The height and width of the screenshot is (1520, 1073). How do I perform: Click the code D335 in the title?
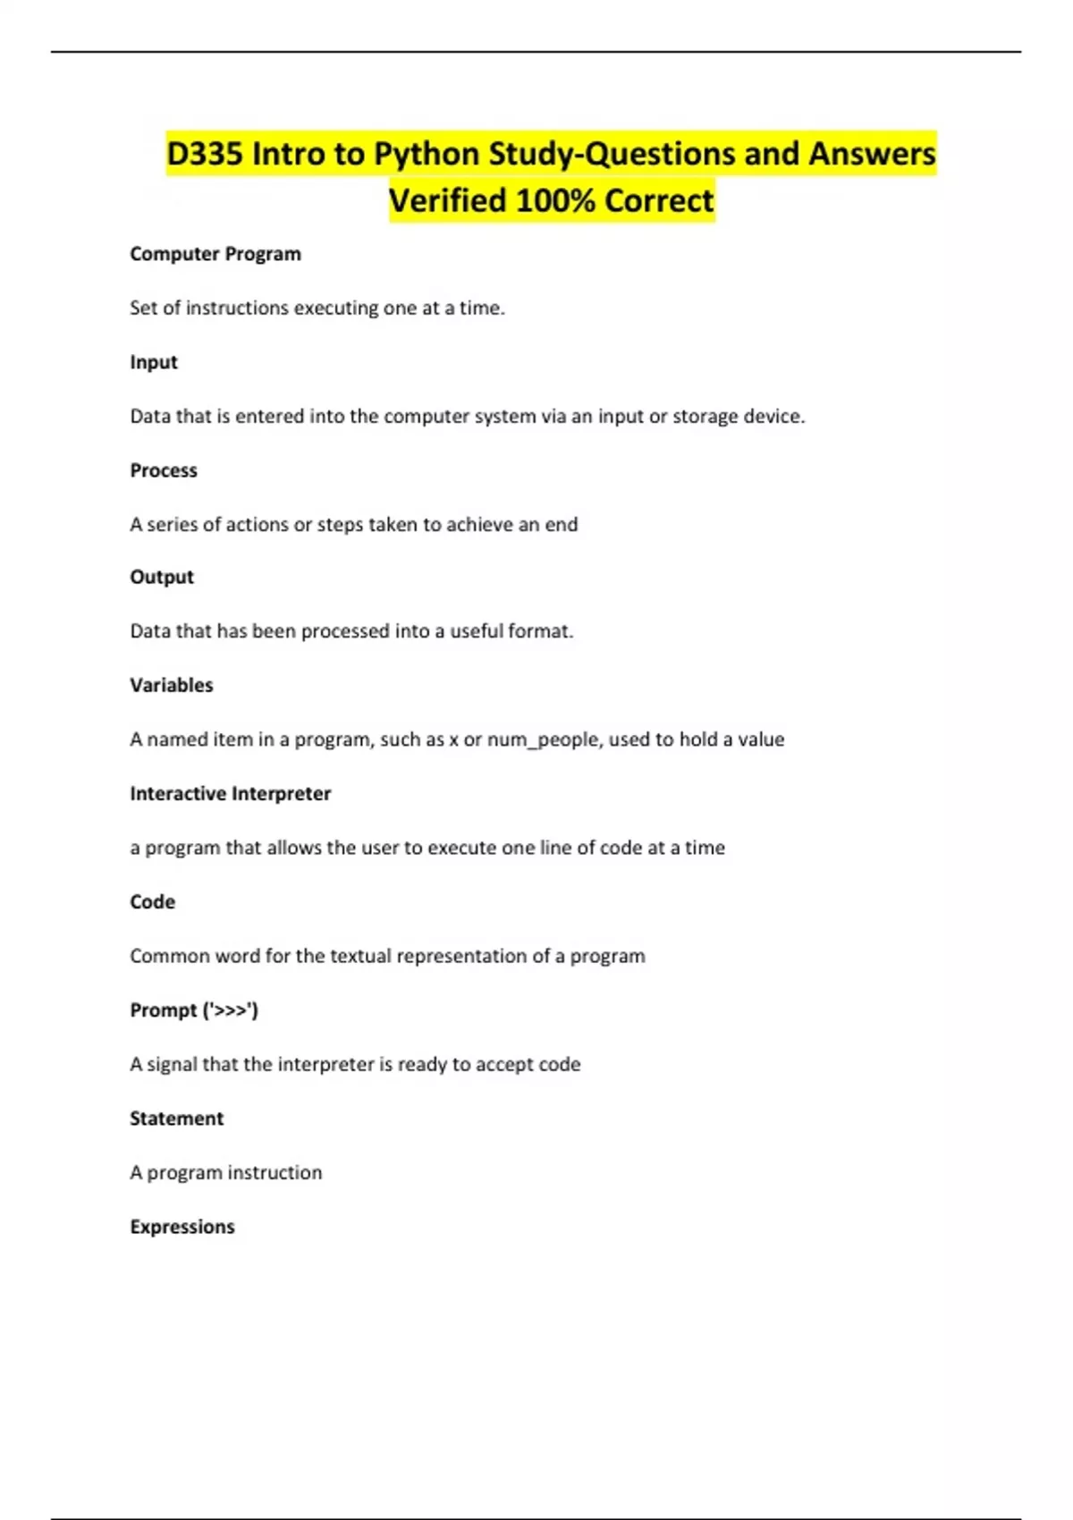pyautogui.click(x=205, y=154)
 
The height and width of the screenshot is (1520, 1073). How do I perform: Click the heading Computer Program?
pyautogui.click(x=215, y=254)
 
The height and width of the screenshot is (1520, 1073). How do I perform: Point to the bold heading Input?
pyautogui.click(x=154, y=362)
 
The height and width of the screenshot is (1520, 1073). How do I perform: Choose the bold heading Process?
pyautogui.click(x=164, y=470)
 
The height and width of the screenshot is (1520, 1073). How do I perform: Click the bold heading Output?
pyautogui.click(x=162, y=577)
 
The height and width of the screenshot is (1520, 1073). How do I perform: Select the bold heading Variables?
pyautogui.click(x=172, y=685)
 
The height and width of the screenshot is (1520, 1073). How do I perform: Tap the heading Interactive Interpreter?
pyautogui.click(x=231, y=793)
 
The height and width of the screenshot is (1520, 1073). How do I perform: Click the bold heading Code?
pyautogui.click(x=153, y=901)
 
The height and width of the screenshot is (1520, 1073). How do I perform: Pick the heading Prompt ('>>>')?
pyautogui.click(x=194, y=1010)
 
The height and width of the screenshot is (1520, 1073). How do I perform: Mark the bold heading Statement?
pyautogui.click(x=177, y=1119)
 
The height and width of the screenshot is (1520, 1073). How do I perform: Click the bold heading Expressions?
pyautogui.click(x=182, y=1227)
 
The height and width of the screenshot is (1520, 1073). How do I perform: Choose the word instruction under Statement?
pyautogui.click(x=278, y=1172)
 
